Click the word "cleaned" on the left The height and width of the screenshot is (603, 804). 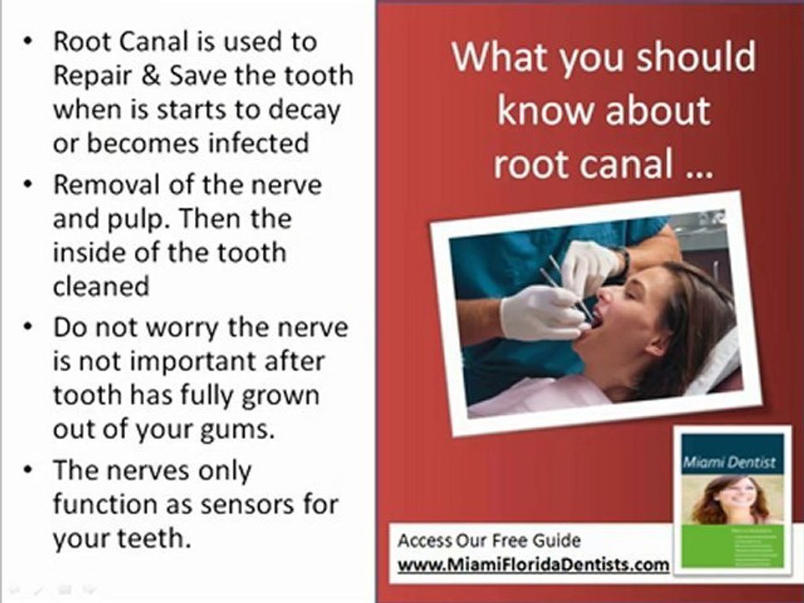(100, 286)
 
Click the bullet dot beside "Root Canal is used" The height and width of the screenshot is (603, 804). (30, 42)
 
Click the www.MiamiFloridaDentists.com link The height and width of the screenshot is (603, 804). (533, 564)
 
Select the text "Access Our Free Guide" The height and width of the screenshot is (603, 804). (488, 540)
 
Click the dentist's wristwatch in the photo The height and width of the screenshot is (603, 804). (621, 263)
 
